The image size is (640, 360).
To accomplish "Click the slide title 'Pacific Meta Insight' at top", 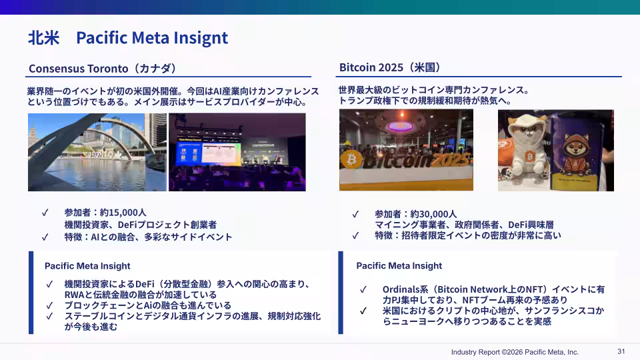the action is coord(152,38).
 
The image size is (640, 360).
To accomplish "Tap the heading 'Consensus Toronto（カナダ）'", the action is coord(103,68).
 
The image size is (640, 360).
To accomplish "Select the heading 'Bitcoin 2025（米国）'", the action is coord(390,67).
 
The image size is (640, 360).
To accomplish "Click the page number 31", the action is coord(621,351).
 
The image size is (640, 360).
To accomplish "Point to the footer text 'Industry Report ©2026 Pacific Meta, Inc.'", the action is coord(515,352).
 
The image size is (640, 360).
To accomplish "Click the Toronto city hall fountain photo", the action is coord(97,152).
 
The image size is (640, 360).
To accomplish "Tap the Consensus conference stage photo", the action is coord(237,152).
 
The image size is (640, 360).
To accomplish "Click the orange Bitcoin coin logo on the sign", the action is coord(351,159).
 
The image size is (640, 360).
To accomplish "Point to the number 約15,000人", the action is coord(123,213).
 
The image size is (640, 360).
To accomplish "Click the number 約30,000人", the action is coord(433,214).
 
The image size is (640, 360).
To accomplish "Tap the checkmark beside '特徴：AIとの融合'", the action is coord(45,237).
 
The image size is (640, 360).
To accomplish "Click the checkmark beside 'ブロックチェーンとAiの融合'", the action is coord(49,306).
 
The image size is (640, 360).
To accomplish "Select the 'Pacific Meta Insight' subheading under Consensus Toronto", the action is coord(87,266).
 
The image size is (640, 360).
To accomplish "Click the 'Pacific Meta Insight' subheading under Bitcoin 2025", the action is coord(399,266).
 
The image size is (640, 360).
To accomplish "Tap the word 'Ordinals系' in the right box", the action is coord(405,289).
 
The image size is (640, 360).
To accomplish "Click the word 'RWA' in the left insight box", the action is coord(74,295).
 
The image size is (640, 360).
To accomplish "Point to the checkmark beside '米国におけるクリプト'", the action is coord(363,311).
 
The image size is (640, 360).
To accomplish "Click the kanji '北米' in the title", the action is coord(44,38).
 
